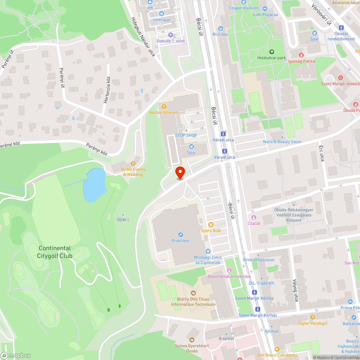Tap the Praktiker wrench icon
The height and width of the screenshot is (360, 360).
[x=181, y=234]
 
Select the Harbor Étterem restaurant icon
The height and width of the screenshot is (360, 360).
[x=164, y=107]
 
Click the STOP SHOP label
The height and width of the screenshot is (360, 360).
[x=186, y=135]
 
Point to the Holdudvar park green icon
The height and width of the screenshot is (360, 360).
[x=271, y=51]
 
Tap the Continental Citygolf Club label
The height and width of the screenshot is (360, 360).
[x=55, y=252]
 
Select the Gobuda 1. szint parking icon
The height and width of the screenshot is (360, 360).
[x=171, y=35]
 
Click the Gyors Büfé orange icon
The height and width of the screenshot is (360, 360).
[x=211, y=224]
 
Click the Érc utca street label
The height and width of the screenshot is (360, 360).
[x=321, y=153]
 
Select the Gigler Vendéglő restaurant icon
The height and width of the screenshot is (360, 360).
[x=312, y=317]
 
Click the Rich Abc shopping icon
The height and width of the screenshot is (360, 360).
[x=221, y=28]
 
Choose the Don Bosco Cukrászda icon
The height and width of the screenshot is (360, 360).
[x=277, y=349]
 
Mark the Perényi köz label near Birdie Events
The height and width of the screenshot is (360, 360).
[x=97, y=149]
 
